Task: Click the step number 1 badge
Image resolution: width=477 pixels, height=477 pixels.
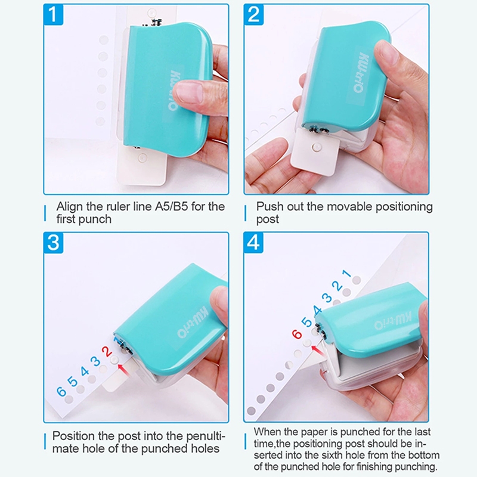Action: pyautogui.click(x=53, y=14)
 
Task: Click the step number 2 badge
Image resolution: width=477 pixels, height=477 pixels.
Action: pyautogui.click(x=253, y=14)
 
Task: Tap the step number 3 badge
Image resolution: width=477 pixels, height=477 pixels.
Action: pyautogui.click(x=53, y=243)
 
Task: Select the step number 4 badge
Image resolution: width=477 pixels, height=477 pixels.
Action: pyautogui.click(x=253, y=243)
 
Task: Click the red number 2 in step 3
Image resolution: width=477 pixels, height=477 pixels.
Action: pyautogui.click(x=107, y=352)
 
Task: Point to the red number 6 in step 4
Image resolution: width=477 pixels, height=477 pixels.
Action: pyautogui.click(x=296, y=334)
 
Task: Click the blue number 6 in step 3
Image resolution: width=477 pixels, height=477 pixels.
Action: pyautogui.click(x=61, y=391)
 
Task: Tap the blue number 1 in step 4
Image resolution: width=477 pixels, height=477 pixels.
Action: pyautogui.click(x=347, y=274)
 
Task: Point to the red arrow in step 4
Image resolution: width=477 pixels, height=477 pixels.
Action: pyautogui.click(x=317, y=349)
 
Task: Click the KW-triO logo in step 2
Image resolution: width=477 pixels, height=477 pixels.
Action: pyautogui.click(x=361, y=72)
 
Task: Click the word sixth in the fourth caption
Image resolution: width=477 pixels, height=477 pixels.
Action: pyautogui.click(x=354, y=455)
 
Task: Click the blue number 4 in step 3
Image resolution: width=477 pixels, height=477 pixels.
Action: pyautogui.click(x=85, y=371)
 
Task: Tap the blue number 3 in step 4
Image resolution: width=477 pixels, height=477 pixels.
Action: pyautogui.click(x=327, y=297)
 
